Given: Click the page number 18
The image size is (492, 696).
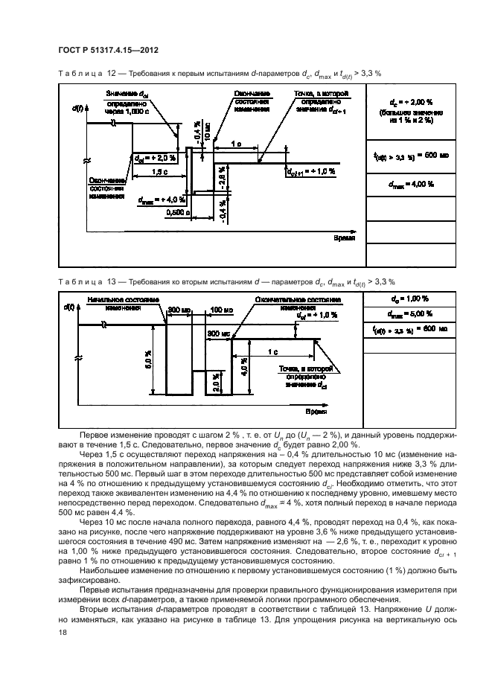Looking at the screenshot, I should (62, 632).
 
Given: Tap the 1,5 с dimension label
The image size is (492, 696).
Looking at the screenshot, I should (159, 171).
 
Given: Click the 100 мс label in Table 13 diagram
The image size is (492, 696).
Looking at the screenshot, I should (221, 309).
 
